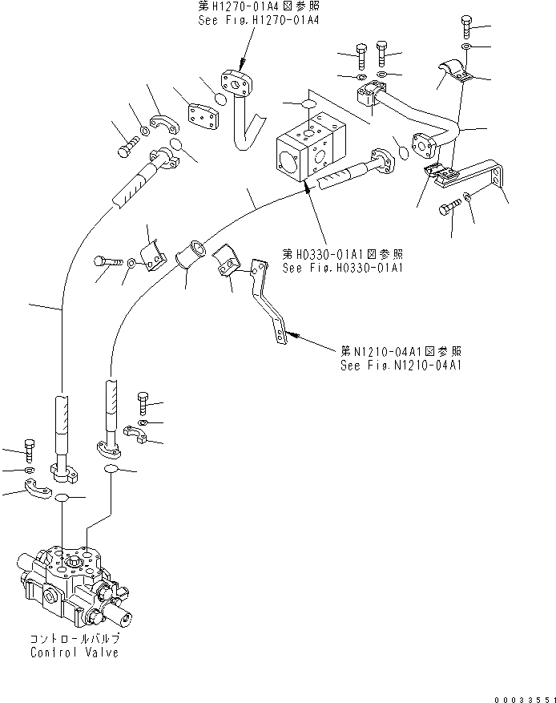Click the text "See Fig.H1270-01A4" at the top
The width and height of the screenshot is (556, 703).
258,20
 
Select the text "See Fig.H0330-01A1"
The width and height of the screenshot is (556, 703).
341,268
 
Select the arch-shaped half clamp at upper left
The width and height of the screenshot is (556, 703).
167,123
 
